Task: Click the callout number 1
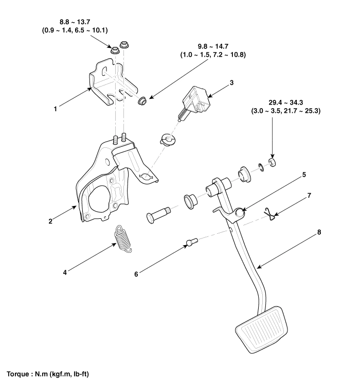[x=56, y=109]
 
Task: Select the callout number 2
[x=50, y=221]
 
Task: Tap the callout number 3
[x=232, y=82]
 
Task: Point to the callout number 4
[x=64, y=272]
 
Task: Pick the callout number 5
[x=303, y=175]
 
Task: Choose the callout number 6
[x=136, y=274]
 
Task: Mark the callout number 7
[x=309, y=195]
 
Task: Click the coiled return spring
[x=123, y=238]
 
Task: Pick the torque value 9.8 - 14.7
[x=214, y=46]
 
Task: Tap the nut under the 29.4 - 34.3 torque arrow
[x=272, y=163]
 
